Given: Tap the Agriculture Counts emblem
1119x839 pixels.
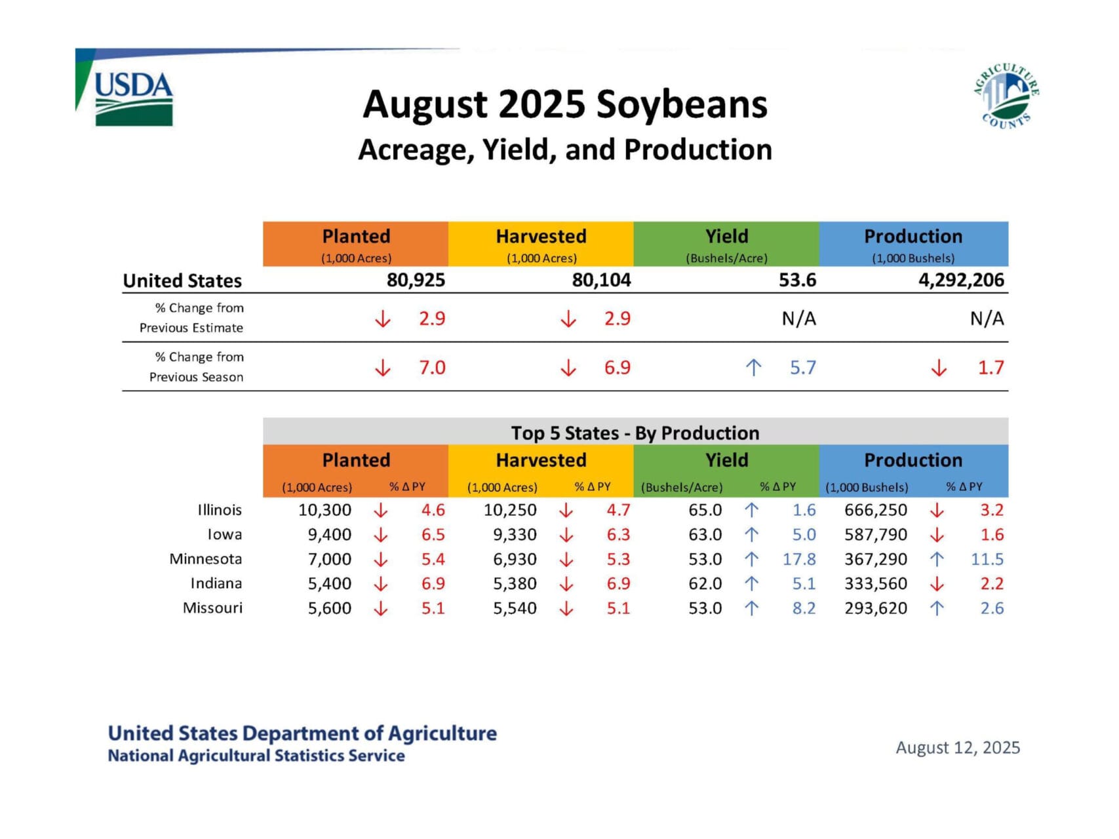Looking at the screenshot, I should coord(1006,96).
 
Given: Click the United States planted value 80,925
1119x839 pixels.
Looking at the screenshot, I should coord(416,281).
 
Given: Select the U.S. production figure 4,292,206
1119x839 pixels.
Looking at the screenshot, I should coord(960,281).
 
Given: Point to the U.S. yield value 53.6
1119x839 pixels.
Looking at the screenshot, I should coord(797,281).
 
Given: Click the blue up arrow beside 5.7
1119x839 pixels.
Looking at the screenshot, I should coord(753,368).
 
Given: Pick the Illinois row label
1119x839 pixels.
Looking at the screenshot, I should coord(220,510).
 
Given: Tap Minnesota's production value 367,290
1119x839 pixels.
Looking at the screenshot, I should coord(875,559).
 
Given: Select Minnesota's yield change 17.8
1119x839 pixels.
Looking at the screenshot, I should coord(798,559).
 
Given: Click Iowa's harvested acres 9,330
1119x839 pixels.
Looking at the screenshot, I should coord(515,535).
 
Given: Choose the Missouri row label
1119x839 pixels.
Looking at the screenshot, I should coord(212,608).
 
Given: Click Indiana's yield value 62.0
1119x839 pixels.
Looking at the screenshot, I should coord(705,583).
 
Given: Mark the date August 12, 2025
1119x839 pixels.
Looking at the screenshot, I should coord(957,748).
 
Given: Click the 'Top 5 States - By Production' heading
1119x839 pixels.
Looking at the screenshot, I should coord(635,433).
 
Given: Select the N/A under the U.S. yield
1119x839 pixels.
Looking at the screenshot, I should coord(798,319).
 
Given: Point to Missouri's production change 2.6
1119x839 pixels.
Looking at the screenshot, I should coord(991,608).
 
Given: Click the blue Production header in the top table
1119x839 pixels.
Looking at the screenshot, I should coord(913,243).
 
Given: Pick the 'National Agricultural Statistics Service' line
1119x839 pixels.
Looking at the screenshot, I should coord(256,756).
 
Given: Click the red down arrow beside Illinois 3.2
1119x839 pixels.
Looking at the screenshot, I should coord(937,510).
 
